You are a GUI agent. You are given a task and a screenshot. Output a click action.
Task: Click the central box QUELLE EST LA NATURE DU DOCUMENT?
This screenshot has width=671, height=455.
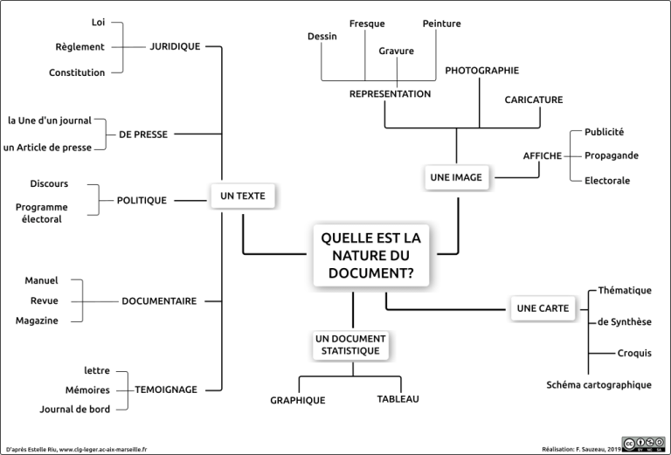click(x=370, y=255)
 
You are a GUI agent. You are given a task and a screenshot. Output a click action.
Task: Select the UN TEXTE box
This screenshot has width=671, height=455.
click(x=243, y=196)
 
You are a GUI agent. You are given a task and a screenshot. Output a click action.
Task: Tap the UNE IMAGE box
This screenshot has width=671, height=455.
click(x=456, y=177)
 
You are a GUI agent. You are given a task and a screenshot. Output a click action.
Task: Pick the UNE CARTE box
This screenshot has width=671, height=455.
click(x=543, y=308)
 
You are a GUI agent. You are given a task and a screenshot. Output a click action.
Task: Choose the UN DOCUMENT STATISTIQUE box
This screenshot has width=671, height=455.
click(x=350, y=344)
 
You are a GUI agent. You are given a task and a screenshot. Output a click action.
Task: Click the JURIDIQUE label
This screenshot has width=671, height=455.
click(x=175, y=46)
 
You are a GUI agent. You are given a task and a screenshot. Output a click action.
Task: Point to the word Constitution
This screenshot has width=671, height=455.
click(x=77, y=72)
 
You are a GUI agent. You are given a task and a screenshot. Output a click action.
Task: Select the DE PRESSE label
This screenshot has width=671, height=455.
click(x=143, y=134)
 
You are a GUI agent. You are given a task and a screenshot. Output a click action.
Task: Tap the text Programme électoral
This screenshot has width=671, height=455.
click(x=42, y=213)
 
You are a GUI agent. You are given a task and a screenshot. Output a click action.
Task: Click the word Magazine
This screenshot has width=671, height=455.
click(x=37, y=321)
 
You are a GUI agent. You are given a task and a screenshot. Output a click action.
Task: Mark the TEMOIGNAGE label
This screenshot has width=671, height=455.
click(x=166, y=390)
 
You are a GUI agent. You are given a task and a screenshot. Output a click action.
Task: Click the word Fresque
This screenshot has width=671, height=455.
click(x=367, y=24)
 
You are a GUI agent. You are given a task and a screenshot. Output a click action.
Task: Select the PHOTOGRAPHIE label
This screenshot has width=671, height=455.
click(x=481, y=70)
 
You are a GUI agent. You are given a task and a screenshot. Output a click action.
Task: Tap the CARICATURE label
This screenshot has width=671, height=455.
click(x=533, y=100)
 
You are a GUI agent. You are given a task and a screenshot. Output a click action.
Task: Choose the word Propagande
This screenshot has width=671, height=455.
click(x=612, y=155)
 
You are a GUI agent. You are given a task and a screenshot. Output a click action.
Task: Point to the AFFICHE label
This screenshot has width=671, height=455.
click(x=543, y=155)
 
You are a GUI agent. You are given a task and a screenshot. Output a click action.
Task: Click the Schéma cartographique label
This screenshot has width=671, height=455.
click(x=598, y=384)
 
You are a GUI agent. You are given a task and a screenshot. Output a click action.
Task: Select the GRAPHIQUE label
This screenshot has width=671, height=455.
click(x=297, y=400)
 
